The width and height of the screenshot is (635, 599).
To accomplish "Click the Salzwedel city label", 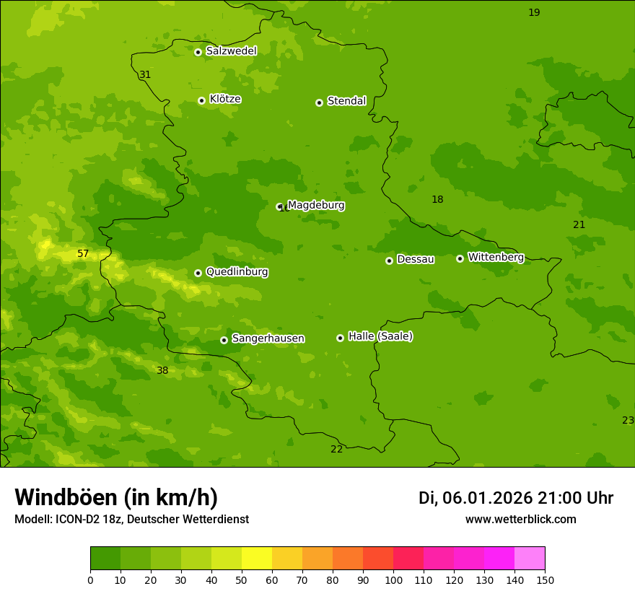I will click(231, 51).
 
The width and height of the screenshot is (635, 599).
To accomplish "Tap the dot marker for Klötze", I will click(201, 100).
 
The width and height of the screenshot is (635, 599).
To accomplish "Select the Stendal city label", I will click(346, 101).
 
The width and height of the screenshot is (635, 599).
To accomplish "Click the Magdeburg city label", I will click(315, 206).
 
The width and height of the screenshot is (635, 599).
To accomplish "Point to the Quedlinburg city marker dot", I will click(198, 273).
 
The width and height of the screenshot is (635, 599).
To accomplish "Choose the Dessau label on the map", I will click(415, 259).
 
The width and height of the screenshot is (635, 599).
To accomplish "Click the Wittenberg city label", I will click(495, 257).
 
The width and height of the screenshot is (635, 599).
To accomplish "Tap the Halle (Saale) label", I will click(380, 336).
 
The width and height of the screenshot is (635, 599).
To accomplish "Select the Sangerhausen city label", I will click(268, 338).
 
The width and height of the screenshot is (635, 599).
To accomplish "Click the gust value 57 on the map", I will click(83, 253).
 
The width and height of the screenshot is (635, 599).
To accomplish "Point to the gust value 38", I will click(162, 370).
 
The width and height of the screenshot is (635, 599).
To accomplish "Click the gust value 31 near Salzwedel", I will click(145, 74).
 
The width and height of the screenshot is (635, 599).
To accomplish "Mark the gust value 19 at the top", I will click(534, 12).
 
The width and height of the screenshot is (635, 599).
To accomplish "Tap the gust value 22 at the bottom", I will click(337, 449).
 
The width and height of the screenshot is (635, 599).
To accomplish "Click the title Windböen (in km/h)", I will click(115, 497).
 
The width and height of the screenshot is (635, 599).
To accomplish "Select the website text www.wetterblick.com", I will click(520, 519).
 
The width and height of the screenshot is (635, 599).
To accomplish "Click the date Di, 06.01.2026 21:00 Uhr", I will click(515, 498).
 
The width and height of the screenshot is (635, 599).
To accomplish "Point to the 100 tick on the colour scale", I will click(393, 579).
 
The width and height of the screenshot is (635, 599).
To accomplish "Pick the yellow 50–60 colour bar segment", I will click(257, 559).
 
